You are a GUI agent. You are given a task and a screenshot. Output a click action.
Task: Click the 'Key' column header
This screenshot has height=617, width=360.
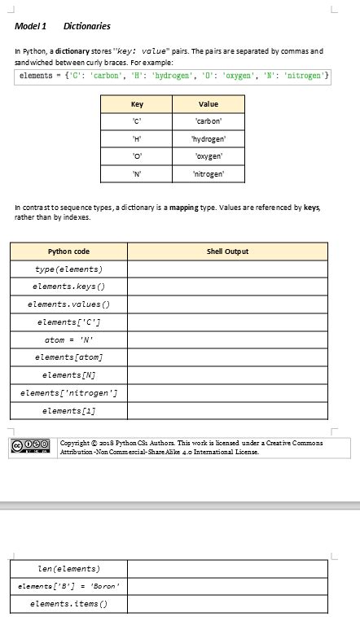[x=137, y=104]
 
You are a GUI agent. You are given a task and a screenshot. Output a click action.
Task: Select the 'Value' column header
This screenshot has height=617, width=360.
[x=208, y=104]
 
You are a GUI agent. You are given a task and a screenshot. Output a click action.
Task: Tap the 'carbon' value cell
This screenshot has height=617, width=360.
[x=208, y=121]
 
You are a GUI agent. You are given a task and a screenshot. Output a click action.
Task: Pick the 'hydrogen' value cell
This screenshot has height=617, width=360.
[x=208, y=139]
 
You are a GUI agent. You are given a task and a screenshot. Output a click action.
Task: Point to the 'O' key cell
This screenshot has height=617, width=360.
[x=137, y=156]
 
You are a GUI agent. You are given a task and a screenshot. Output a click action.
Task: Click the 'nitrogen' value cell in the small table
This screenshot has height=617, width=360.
[x=208, y=174]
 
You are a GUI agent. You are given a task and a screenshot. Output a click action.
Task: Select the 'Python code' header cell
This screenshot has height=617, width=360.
[x=68, y=252]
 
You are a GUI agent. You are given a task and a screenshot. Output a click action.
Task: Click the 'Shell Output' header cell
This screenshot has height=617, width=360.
[x=227, y=252]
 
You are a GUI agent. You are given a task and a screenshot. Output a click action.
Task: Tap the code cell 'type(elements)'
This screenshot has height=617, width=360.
[x=68, y=269]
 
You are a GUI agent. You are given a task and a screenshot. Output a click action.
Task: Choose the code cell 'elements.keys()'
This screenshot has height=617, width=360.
[x=68, y=287]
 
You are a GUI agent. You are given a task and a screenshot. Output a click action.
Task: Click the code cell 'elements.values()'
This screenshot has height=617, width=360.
[x=68, y=304]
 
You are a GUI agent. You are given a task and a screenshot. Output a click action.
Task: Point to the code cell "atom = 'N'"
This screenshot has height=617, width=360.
[x=68, y=339]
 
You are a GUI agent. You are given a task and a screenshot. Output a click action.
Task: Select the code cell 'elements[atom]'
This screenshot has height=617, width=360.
[x=68, y=357]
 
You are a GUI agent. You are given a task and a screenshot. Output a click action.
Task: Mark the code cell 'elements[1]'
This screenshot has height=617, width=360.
[x=68, y=411]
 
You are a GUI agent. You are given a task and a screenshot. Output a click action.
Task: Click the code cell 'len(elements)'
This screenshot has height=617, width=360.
[x=68, y=569]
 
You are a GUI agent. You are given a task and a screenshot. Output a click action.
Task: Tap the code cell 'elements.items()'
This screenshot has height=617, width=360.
[x=68, y=604]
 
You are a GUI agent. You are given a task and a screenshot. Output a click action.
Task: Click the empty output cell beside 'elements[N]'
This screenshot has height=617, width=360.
[x=227, y=375]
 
